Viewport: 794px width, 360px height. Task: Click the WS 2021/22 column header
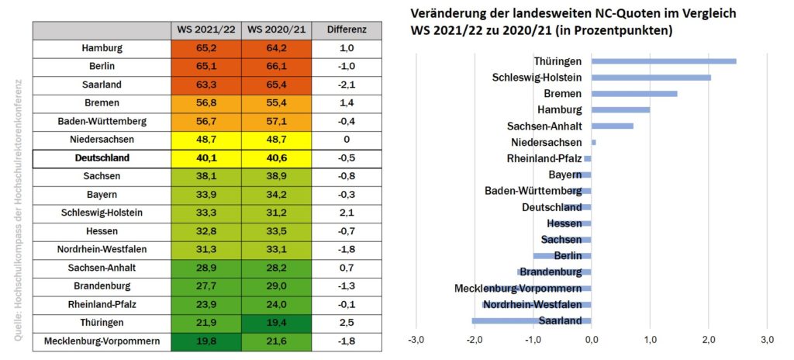click(x=205, y=29)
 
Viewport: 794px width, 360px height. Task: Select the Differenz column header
click(x=347, y=29)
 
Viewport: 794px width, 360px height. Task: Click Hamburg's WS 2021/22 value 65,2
click(x=205, y=48)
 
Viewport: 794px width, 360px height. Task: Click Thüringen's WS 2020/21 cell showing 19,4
click(x=276, y=322)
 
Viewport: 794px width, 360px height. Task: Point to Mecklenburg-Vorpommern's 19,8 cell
click(x=205, y=341)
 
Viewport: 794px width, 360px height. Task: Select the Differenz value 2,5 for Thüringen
click(x=347, y=322)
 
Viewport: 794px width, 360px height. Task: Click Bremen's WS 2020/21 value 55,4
click(x=276, y=102)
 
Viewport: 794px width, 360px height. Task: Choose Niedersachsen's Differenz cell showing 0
click(x=347, y=139)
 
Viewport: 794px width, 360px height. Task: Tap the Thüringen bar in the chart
click(x=664, y=61)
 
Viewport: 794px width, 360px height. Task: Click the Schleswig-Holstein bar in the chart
click(x=651, y=77)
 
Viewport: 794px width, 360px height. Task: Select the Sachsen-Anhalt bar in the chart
click(x=613, y=126)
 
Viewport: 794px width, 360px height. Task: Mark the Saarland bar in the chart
click(x=532, y=320)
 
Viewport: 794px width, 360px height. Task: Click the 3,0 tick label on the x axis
click(x=767, y=340)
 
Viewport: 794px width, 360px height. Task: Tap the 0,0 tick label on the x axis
click(x=592, y=340)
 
